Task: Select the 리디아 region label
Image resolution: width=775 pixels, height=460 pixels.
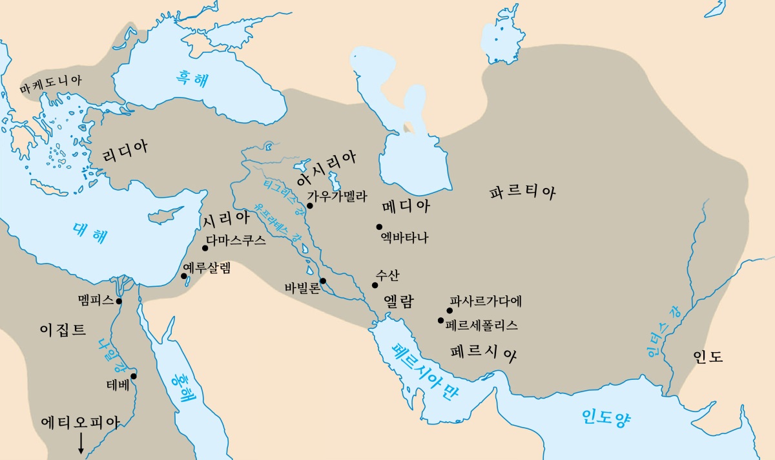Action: (x=125, y=148)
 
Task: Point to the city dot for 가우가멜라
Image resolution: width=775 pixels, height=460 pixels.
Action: (x=310, y=205)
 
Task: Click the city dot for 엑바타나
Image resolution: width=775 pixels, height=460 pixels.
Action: (x=380, y=226)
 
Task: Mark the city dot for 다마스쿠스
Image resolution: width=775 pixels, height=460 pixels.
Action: (x=205, y=247)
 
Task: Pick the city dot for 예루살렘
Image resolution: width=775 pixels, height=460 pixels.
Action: (x=184, y=277)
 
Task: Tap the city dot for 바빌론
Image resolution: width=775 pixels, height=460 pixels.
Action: (x=323, y=280)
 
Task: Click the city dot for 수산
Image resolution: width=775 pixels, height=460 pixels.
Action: (x=375, y=285)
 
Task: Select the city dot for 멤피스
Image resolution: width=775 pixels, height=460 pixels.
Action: (x=119, y=301)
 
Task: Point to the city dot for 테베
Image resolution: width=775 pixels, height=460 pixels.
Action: (x=134, y=376)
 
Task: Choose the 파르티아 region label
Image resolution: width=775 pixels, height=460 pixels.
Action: (x=522, y=192)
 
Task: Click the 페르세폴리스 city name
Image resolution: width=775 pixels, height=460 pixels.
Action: (x=482, y=325)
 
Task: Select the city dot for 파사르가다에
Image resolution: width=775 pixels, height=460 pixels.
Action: (x=449, y=310)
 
